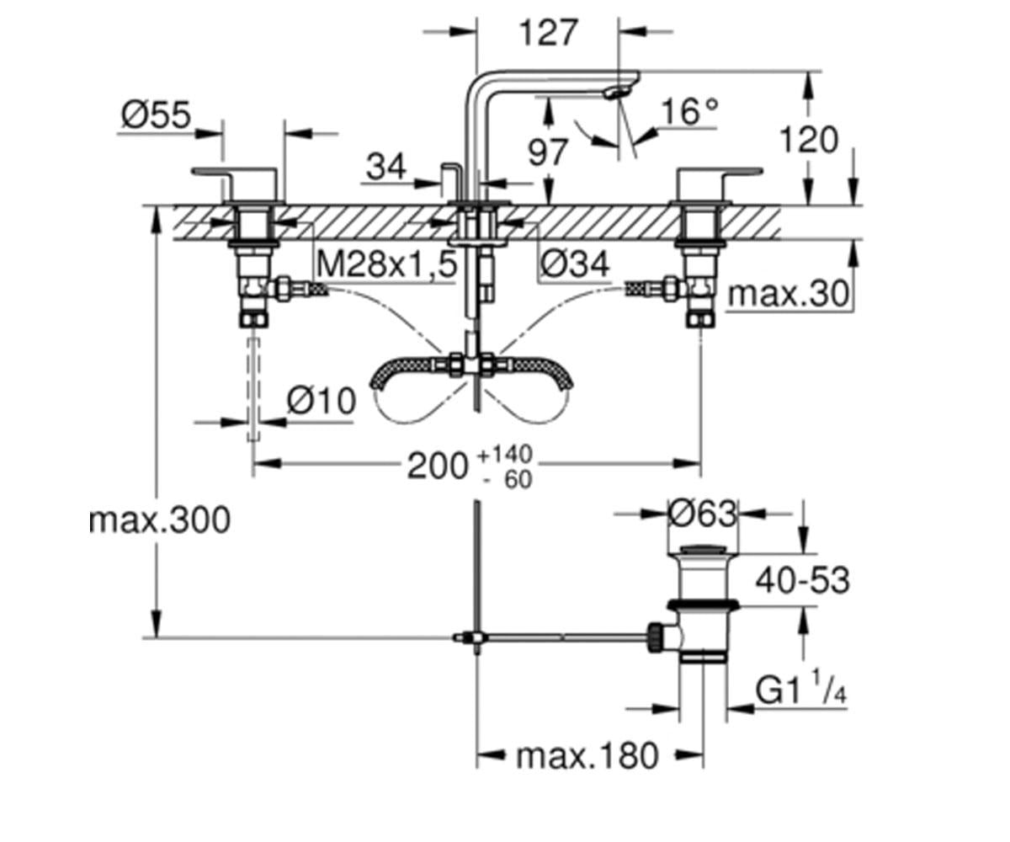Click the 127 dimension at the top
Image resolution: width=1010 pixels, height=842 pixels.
point(548,33)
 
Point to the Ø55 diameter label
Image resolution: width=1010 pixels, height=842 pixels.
point(157,115)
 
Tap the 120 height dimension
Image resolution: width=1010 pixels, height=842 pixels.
point(809,140)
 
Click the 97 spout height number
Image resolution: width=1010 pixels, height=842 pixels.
point(547,152)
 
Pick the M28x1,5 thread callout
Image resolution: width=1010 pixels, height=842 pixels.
point(386,264)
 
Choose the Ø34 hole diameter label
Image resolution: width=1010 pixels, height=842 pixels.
point(575,264)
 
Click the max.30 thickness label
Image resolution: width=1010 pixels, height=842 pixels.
point(789,294)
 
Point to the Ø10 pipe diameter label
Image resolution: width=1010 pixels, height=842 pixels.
point(322,401)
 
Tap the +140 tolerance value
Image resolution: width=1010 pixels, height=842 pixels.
point(504,455)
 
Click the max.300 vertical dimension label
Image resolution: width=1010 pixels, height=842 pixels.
point(160,520)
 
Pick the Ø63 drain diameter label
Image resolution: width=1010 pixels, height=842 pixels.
point(703,513)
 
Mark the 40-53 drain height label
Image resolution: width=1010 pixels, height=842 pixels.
point(802,580)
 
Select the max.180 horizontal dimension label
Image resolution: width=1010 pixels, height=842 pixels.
point(587,756)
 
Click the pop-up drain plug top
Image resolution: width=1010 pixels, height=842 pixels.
point(704,549)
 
